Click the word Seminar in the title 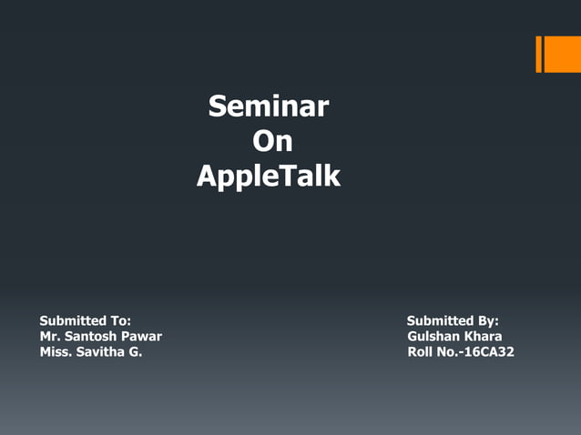point(268,107)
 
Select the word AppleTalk point(269,176)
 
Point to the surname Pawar point(142,337)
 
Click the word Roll point(422,352)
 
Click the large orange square point(562,54)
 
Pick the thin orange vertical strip point(538,54)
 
